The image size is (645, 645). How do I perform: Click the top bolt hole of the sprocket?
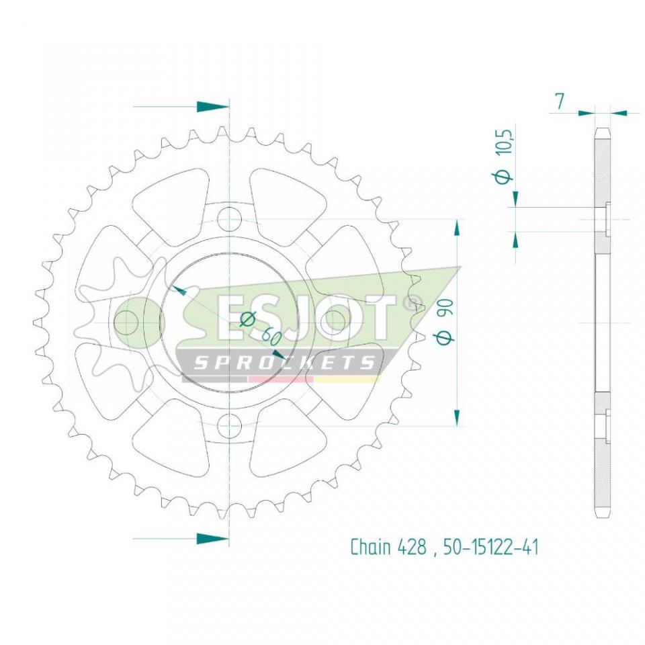pyautogui.click(x=230, y=219)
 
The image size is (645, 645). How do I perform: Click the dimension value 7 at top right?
pyautogui.click(x=559, y=102)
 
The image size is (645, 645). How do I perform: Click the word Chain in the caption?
pyautogui.click(x=370, y=547)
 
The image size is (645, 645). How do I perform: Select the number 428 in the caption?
pyautogui.click(x=412, y=547)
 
